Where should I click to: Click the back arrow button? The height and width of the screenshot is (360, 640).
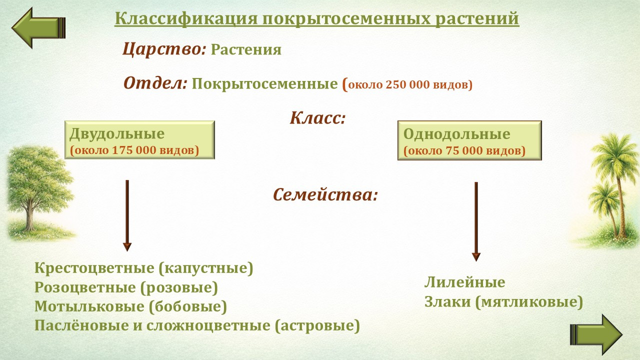(38, 27)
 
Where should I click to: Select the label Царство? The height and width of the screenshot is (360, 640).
(164, 49)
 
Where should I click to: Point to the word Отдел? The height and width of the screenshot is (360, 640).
(155, 83)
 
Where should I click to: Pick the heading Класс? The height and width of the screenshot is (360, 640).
(317, 118)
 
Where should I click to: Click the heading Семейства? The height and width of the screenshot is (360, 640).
(325, 195)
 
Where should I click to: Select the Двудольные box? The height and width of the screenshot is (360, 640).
(139, 139)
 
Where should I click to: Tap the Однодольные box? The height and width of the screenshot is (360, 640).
(469, 140)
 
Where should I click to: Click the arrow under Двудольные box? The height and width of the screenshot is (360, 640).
(127, 215)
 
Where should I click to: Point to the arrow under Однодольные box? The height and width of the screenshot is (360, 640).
(476, 221)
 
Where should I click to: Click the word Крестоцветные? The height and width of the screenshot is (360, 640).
(94, 268)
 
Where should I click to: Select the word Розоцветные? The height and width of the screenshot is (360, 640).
(85, 287)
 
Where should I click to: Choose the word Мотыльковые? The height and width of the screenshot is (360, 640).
(89, 306)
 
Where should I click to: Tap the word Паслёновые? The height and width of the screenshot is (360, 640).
(81, 325)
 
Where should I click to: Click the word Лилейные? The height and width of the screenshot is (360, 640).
(465, 282)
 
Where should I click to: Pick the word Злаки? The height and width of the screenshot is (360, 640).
(447, 302)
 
